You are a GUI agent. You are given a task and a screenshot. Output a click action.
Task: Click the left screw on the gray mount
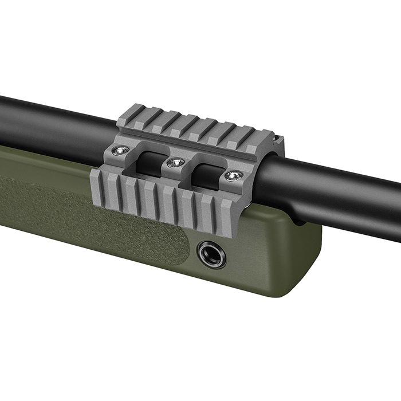click(119, 150)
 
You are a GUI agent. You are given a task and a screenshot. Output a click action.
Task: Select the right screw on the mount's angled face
click(234, 175)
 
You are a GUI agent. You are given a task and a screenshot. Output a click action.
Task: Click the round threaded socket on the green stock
click(211, 254)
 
